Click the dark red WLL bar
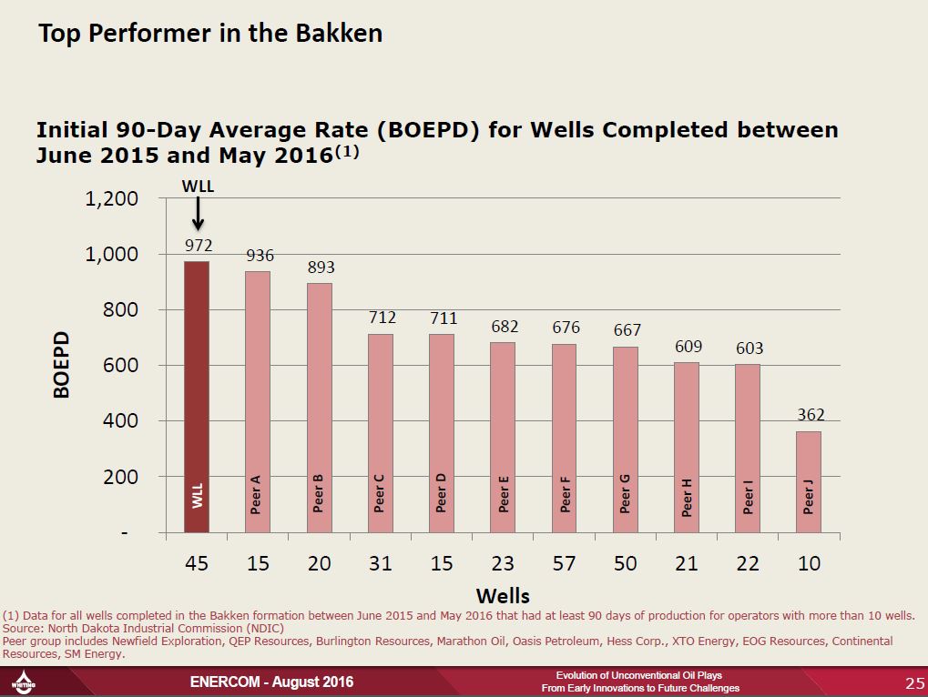pyautogui.click(x=197, y=396)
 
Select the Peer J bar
pyautogui.click(x=809, y=481)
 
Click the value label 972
pyautogui.click(x=198, y=245)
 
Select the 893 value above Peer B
pyautogui.click(x=320, y=268)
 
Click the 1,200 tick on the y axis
pyautogui.click(x=111, y=199)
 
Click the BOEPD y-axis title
pyautogui.click(x=62, y=365)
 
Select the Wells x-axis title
pyautogui.click(x=503, y=596)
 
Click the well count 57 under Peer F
pyautogui.click(x=564, y=564)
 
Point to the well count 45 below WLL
pyautogui.click(x=197, y=564)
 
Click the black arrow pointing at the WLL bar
pyautogui.click(x=198, y=215)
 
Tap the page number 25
pyautogui.click(x=913, y=682)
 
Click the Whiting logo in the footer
pyautogui.click(x=23, y=682)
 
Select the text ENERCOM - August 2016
pyautogui.click(x=270, y=682)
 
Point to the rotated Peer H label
pyautogui.click(x=687, y=498)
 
